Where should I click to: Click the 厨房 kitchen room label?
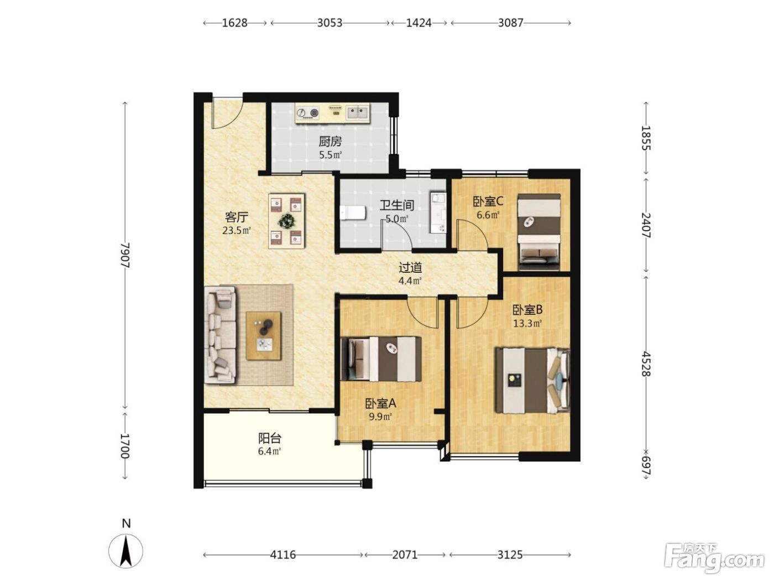click(x=330, y=142)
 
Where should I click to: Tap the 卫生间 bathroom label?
click(x=396, y=206)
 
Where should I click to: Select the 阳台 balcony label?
click(x=269, y=438)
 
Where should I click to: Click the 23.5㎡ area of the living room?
click(x=236, y=231)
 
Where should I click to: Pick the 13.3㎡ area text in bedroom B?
click(x=527, y=324)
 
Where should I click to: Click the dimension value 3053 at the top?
click(x=330, y=23)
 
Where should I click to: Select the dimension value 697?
click(x=646, y=466)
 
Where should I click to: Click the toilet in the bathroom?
click(x=352, y=213)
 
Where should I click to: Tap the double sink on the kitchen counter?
click(x=358, y=113)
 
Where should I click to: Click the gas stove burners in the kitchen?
click(x=307, y=113)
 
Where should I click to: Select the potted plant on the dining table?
click(x=287, y=221)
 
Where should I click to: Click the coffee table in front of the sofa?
click(x=263, y=336)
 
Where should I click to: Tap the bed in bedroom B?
click(x=532, y=380)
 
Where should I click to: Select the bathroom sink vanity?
click(x=438, y=213)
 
